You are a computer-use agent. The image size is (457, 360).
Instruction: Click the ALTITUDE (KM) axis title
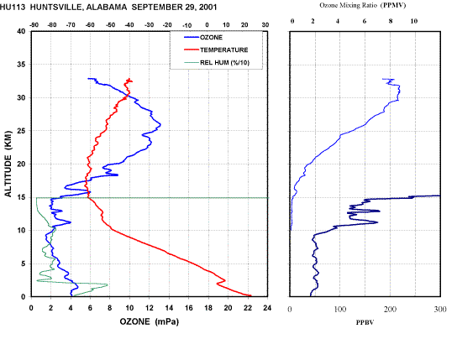pyautogui.click(x=8, y=164)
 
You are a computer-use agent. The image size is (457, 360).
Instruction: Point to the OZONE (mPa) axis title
pyautogui.click(x=150, y=321)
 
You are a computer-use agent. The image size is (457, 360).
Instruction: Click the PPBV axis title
pyautogui.click(x=365, y=322)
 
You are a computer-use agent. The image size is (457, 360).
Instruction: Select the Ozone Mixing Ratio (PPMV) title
pyautogui.click(x=363, y=5)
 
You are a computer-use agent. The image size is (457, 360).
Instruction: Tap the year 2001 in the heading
pyautogui.click(x=207, y=8)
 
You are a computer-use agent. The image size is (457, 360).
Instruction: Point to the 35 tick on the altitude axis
pyautogui.click(x=22, y=65)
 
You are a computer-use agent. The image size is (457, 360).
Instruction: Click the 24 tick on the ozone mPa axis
pyautogui.click(x=267, y=308)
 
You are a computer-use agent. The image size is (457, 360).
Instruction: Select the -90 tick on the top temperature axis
pyautogui.click(x=34, y=25)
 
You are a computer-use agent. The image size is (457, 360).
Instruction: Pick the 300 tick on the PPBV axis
pyautogui.click(x=440, y=309)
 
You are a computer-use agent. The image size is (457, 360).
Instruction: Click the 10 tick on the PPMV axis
pyautogui.click(x=414, y=21)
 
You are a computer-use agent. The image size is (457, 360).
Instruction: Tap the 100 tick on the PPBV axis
pyautogui.click(x=340, y=309)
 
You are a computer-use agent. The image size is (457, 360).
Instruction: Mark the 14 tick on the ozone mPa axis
pyautogui.click(x=169, y=308)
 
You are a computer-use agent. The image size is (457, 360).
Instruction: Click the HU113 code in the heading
pyautogui.click(x=13, y=8)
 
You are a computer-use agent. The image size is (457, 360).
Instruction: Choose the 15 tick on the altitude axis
pyautogui.click(x=22, y=197)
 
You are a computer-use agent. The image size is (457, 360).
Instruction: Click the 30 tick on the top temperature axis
pyautogui.click(x=265, y=25)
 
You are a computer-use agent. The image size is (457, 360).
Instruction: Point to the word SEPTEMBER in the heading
pyautogui.click(x=156, y=8)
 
